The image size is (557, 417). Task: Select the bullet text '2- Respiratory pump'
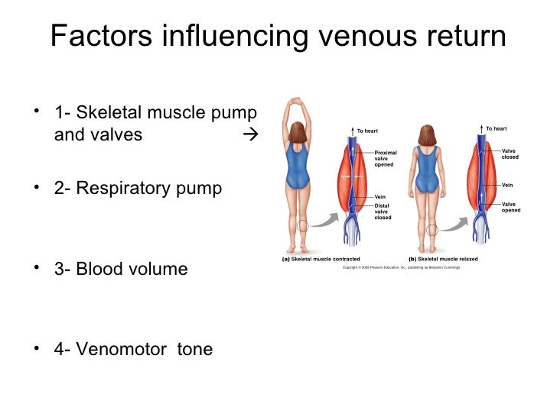[138, 188]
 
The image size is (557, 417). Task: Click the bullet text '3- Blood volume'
[120, 269]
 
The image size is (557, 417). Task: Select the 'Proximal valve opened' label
[385, 158]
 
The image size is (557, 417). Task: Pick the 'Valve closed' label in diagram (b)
[510, 154]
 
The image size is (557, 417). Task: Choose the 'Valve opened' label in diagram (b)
[510, 207]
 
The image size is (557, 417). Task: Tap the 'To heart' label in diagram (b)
[496, 128]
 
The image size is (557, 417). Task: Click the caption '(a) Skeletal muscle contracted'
[316, 259]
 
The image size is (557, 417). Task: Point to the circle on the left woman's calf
[304, 226]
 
